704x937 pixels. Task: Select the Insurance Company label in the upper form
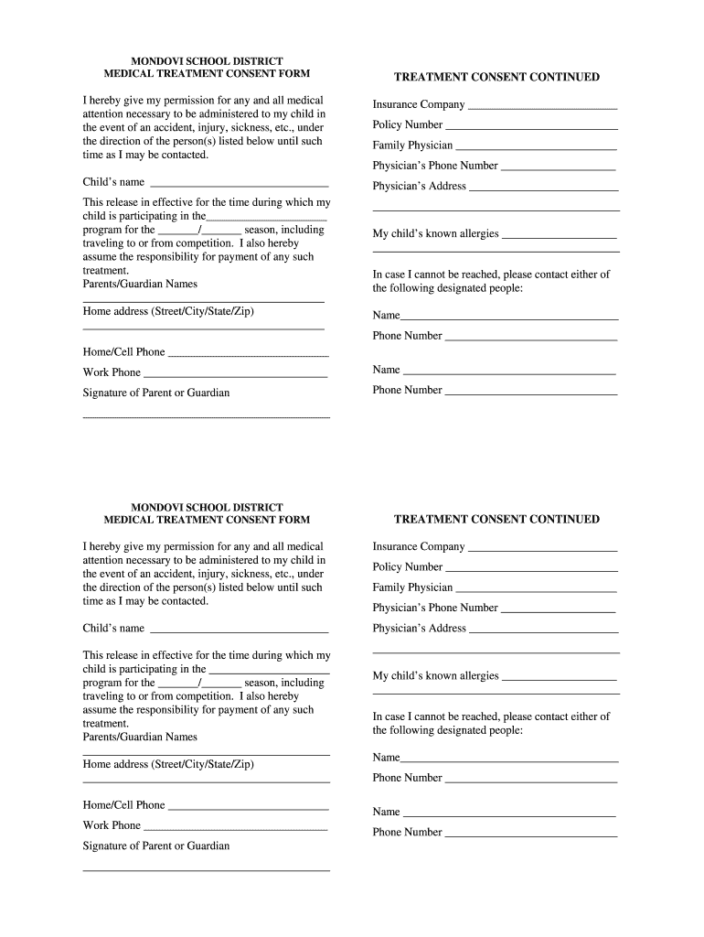[418, 104]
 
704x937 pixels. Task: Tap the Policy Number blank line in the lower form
[531, 570]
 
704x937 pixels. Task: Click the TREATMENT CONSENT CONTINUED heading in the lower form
[496, 519]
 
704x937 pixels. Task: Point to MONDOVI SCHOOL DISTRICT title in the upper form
[207, 61]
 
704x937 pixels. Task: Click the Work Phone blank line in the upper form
[235, 375]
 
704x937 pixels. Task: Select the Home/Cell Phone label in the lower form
[123, 805]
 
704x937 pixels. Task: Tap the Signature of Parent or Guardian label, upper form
[156, 393]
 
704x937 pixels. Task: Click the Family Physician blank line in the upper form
[536, 148]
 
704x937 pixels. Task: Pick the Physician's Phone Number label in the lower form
[435, 608]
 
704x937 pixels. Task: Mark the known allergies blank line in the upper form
[560, 237]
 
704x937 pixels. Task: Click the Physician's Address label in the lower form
[419, 628]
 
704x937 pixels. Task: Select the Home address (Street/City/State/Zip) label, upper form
[168, 311]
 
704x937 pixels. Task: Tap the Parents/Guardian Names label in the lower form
[140, 737]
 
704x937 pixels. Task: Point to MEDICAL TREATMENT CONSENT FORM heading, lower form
[207, 520]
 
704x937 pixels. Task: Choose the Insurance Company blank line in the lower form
[542, 550]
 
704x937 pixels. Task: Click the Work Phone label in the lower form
[112, 825]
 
